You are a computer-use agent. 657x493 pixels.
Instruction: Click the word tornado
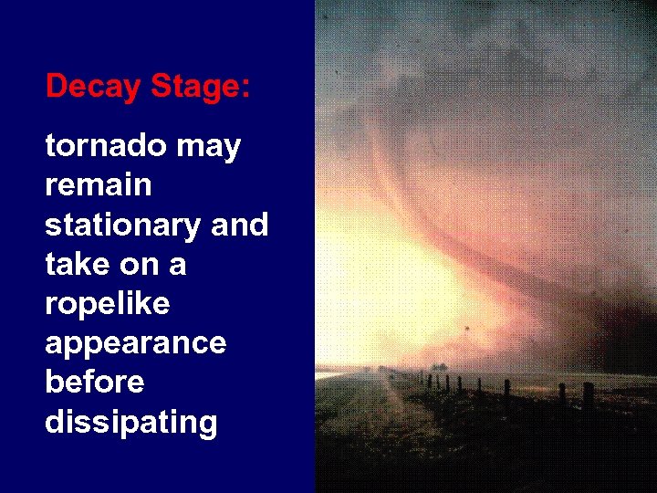click(99, 146)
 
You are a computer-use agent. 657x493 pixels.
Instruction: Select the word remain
click(99, 185)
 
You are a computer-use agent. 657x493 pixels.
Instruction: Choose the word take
click(74, 265)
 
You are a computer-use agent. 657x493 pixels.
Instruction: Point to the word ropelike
click(107, 305)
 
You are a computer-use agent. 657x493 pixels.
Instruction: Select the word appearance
click(135, 345)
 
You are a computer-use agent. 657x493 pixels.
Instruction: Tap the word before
click(94, 383)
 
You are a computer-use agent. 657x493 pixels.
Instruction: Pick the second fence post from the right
click(562, 395)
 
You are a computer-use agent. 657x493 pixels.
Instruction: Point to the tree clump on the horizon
click(439, 367)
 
